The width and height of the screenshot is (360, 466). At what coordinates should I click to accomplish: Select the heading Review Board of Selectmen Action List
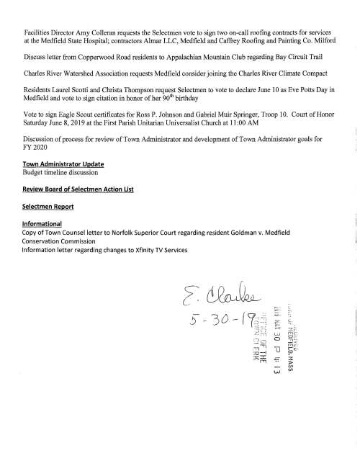point(78,209)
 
